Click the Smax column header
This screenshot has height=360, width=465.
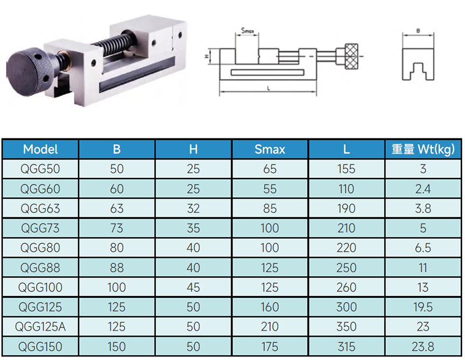click(x=270, y=149)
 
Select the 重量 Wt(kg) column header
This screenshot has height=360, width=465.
click(x=423, y=149)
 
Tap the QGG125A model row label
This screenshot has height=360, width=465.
click(x=40, y=327)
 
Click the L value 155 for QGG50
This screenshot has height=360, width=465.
click(x=346, y=169)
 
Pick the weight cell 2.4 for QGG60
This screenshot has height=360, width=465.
click(x=423, y=189)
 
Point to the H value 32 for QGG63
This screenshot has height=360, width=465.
click(x=193, y=208)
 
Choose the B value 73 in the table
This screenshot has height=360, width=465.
click(x=117, y=228)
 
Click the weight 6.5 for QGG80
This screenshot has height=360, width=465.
click(x=423, y=248)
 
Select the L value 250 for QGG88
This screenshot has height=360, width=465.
click(x=346, y=268)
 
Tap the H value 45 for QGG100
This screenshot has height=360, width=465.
click(x=193, y=287)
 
